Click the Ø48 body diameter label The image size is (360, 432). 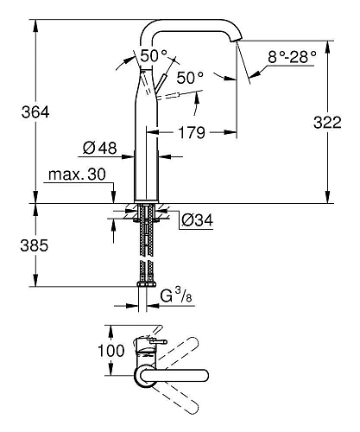tap(101, 148)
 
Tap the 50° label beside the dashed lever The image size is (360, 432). tap(189, 78)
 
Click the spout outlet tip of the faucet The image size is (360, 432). tap(238, 41)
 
